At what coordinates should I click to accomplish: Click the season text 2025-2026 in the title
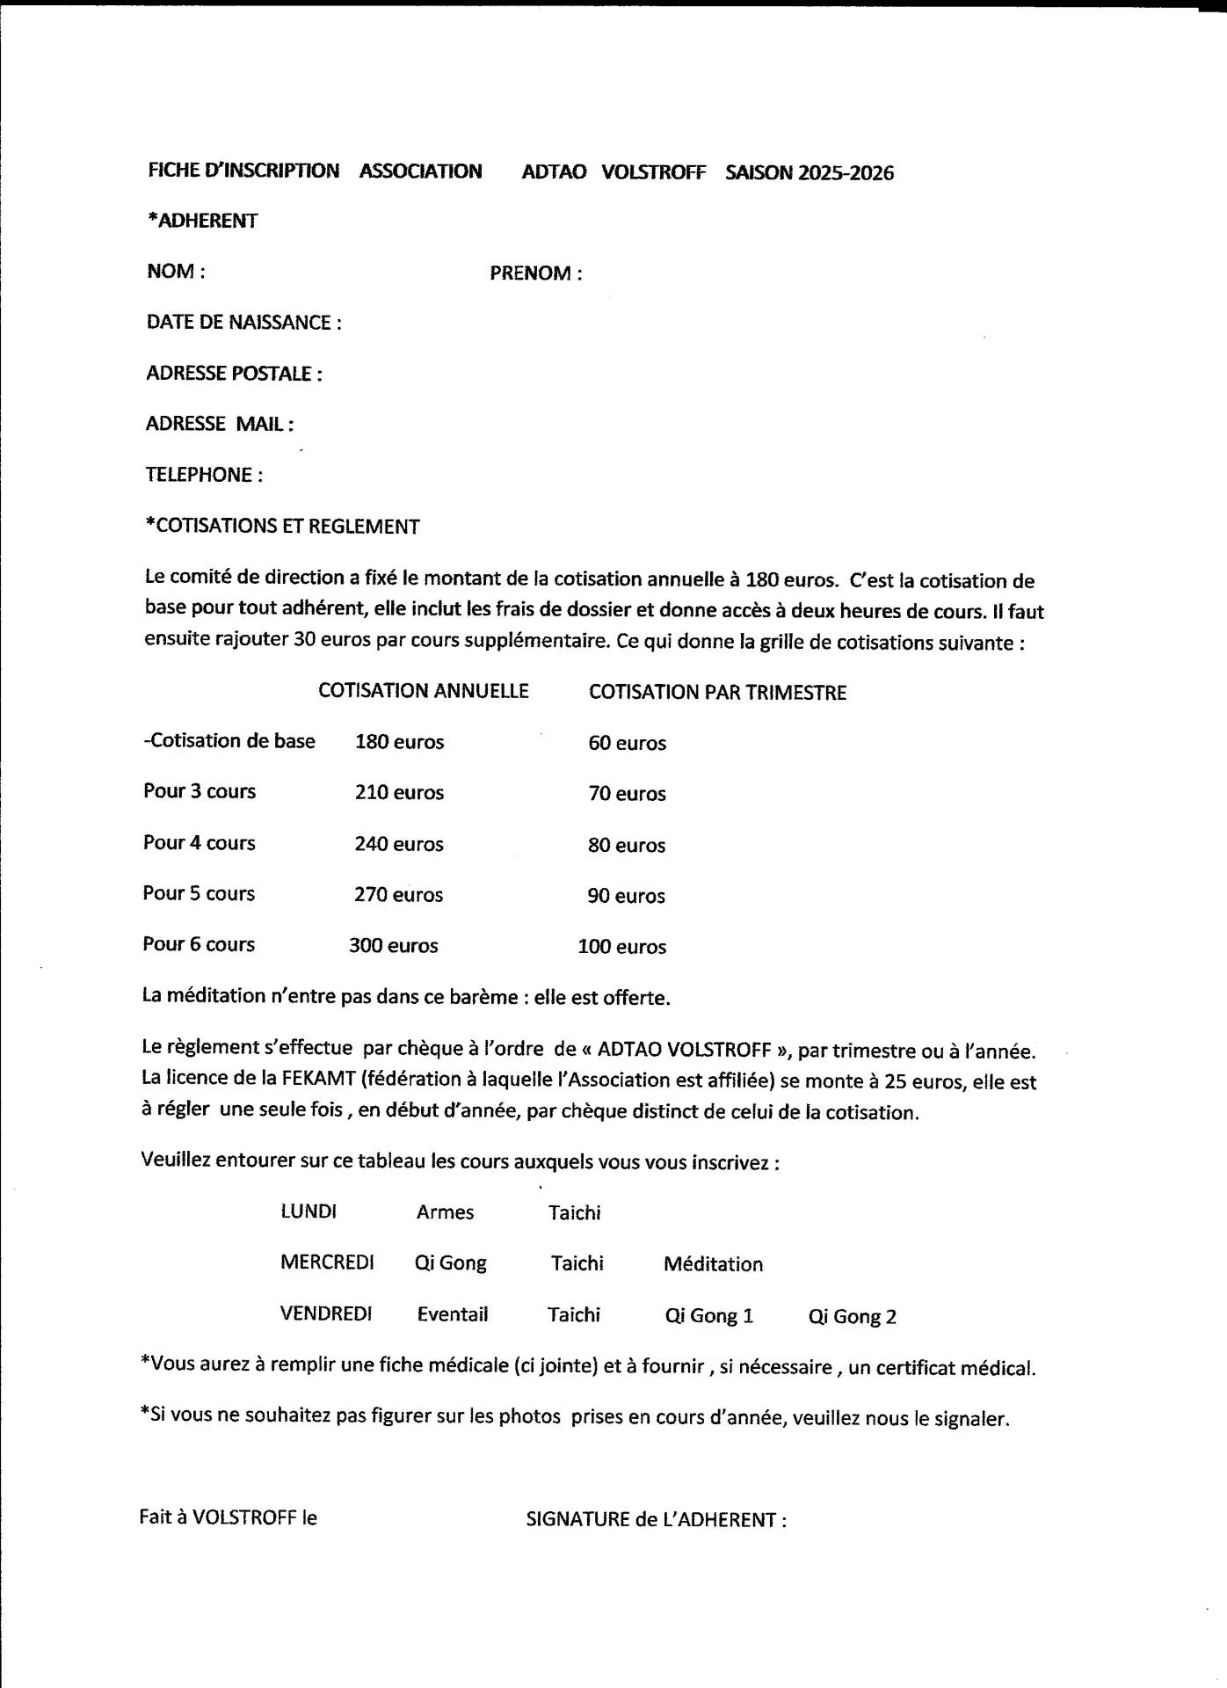click(x=846, y=173)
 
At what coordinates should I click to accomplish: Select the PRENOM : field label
click(x=535, y=273)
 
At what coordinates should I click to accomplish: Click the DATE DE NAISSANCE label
click(x=243, y=323)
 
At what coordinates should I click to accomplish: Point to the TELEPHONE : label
click(x=204, y=475)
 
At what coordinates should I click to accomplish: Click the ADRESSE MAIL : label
click(x=220, y=424)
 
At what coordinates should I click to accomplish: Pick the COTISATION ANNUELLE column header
click(x=424, y=691)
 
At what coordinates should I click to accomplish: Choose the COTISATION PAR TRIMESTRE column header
click(x=717, y=693)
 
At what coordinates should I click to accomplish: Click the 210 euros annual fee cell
click(x=399, y=793)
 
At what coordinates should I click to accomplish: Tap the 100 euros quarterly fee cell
click(x=621, y=947)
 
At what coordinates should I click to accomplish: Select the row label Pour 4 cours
click(x=200, y=843)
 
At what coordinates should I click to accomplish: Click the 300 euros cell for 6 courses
click(x=393, y=946)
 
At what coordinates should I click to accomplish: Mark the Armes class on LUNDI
click(x=445, y=1212)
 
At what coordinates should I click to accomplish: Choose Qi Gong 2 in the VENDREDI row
click(x=852, y=1316)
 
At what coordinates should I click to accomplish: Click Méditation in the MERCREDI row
click(x=713, y=1264)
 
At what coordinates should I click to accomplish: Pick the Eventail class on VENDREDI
click(x=452, y=1314)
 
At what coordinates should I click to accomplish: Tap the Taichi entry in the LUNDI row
click(x=574, y=1213)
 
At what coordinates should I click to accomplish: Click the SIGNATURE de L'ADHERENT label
click(x=656, y=1519)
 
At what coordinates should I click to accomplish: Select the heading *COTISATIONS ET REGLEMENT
click(x=282, y=527)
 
